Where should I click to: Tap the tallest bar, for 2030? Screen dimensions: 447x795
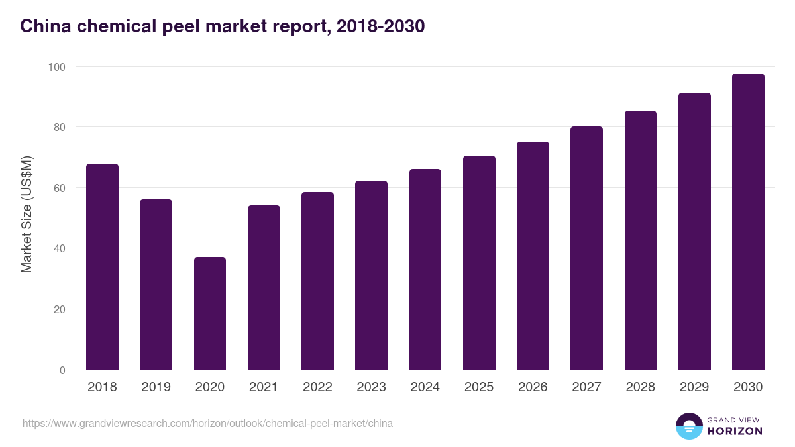coord(748,221)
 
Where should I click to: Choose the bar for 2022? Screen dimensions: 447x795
coord(317,281)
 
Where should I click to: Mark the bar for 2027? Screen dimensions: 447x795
coord(586,248)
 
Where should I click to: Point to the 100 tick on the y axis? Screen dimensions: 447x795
coord(57,67)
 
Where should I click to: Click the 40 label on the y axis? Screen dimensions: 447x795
coord(60,248)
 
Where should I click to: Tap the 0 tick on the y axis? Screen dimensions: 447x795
coord(62,370)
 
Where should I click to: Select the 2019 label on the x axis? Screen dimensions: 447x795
coord(156,387)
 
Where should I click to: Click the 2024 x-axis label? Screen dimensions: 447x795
coord(425,387)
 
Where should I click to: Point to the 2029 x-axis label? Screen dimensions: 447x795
coord(694,387)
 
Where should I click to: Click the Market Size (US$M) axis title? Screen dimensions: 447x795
coord(26,215)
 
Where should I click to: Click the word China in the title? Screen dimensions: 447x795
coord(44,26)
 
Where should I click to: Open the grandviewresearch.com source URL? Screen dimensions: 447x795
coord(207,423)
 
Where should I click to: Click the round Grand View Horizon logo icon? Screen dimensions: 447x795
coord(688,426)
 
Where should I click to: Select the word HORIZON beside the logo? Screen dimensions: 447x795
coord(734,431)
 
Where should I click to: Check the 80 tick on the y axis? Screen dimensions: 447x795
coord(60,127)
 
